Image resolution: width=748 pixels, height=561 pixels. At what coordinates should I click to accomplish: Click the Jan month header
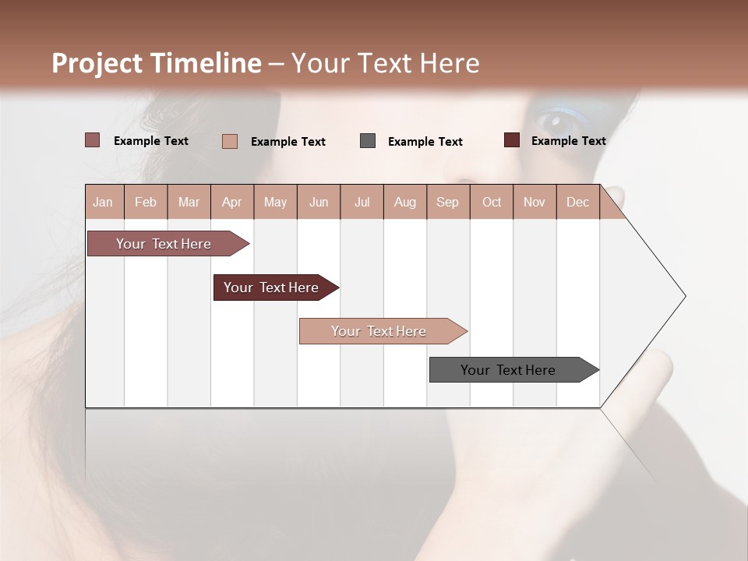point(103,202)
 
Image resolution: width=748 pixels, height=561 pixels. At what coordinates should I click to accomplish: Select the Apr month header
point(231,202)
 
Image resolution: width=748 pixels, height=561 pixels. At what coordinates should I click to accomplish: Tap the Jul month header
point(362,202)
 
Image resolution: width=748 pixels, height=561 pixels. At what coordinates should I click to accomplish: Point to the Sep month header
point(447,202)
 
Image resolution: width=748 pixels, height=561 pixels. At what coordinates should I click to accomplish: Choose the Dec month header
point(577,202)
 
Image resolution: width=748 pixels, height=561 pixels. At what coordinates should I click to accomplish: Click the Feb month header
point(146,202)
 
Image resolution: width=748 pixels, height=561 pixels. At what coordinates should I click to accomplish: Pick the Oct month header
point(492,202)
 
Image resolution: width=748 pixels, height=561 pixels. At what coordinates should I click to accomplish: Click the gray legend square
point(368,141)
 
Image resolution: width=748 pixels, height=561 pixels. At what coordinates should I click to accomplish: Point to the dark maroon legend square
point(512,140)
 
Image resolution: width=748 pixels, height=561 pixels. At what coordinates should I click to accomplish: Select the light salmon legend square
point(230,141)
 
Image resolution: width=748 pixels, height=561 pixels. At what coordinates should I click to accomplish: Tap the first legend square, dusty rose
point(93,140)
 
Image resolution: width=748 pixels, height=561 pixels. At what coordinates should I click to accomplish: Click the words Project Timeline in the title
point(157,63)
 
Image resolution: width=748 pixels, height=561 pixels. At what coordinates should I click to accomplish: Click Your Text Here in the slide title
point(385,63)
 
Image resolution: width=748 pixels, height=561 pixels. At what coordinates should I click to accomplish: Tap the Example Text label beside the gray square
point(425,142)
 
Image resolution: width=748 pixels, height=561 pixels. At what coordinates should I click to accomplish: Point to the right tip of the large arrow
point(684,296)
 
